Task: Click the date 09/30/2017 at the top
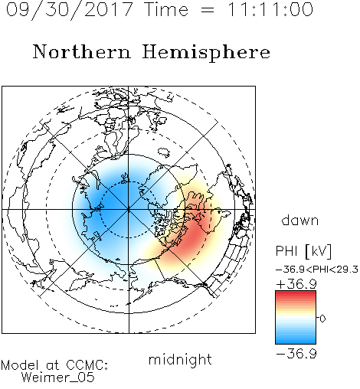coord(70,10)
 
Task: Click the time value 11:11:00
coord(270,10)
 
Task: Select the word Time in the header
coord(166,10)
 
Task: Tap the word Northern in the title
coord(82,51)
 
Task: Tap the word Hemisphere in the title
coord(206,53)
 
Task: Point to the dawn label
coord(300,221)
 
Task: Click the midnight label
coord(180,360)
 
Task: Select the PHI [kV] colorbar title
coord(303,251)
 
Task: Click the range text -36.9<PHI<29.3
coord(317,270)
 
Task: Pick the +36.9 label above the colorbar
coord(296,284)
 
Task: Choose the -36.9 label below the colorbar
coord(296,354)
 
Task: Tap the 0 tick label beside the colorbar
coord(322,319)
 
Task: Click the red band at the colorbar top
coord(296,295)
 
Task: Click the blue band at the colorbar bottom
coord(296,340)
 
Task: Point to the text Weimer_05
coord(58,378)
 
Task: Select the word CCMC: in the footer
coord(87,365)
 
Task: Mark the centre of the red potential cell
coord(193,236)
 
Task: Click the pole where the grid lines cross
coord(129,210)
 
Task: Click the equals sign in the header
coord(207,10)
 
